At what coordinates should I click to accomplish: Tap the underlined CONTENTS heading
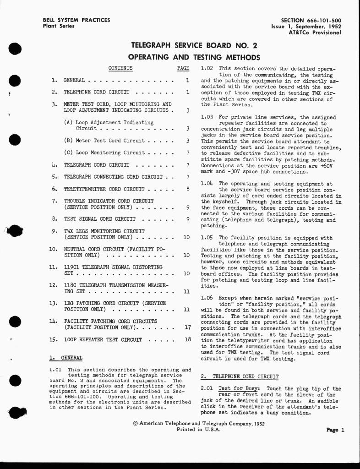click(120, 69)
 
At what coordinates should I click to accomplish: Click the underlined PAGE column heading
click(183, 69)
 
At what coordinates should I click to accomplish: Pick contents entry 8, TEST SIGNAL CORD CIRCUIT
click(99, 219)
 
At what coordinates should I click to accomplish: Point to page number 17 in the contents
click(187, 328)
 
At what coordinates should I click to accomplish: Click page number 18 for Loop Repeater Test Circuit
click(187, 340)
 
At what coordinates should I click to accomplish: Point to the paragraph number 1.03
click(207, 118)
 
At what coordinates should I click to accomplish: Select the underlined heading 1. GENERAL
click(65, 358)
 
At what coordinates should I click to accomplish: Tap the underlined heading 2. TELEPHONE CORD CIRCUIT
click(240, 377)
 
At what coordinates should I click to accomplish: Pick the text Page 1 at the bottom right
click(335, 430)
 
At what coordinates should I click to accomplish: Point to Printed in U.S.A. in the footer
click(198, 430)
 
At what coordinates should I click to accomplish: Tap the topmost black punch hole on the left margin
click(16, 49)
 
